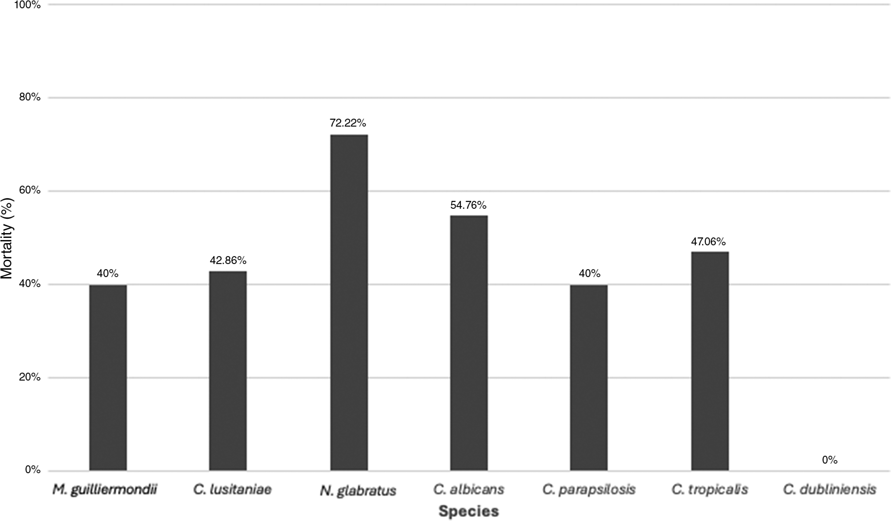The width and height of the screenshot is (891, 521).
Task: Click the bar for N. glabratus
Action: (x=349, y=302)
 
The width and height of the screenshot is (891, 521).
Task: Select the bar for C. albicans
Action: (x=469, y=343)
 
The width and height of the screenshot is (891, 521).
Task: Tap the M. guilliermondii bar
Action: (x=108, y=377)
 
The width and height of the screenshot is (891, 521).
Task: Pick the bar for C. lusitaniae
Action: (x=228, y=371)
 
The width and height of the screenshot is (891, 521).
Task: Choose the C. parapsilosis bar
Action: (x=589, y=377)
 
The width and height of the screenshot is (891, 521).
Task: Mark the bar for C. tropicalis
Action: (x=710, y=361)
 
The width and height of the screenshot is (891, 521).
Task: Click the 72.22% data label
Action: (x=348, y=123)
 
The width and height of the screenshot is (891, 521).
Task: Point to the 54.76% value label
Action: (x=468, y=205)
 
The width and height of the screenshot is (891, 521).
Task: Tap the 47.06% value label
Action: (x=708, y=241)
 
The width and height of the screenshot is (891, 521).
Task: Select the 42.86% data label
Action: (x=228, y=260)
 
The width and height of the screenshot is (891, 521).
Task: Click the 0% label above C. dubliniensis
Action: (x=830, y=460)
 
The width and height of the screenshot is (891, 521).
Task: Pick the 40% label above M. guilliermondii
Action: (x=107, y=274)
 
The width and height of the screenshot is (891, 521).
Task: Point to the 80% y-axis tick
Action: (x=30, y=97)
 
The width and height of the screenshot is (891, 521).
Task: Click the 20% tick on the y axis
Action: (x=30, y=377)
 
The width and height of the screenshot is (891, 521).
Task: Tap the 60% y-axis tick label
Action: (x=30, y=191)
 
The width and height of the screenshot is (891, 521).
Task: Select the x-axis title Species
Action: (x=468, y=511)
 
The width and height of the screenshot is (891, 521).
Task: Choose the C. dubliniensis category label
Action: (x=830, y=490)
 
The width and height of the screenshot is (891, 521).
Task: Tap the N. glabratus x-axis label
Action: (x=358, y=491)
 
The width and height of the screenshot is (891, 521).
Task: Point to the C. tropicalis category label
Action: (x=710, y=490)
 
